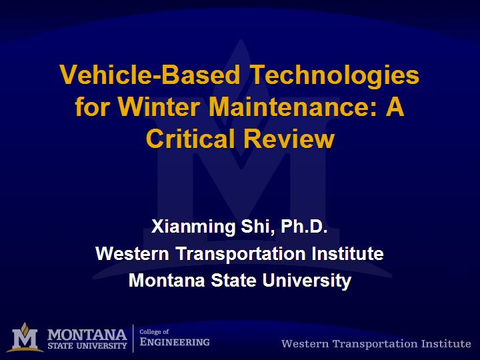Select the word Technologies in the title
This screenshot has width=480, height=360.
click(335, 76)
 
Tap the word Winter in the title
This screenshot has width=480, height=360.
click(159, 107)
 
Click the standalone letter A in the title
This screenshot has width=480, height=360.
click(395, 107)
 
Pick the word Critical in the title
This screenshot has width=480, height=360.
click(191, 139)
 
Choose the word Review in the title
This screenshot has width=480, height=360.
click(289, 139)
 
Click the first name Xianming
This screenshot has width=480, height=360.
click(193, 227)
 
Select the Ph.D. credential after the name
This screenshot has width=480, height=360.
click(304, 226)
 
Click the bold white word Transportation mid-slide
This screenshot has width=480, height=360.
click(241, 254)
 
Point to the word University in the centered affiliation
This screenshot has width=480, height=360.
click(307, 281)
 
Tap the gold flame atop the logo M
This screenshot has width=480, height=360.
click(25, 328)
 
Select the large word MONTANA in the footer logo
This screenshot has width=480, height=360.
click(87, 335)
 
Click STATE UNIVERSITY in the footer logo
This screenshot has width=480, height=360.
click(87, 346)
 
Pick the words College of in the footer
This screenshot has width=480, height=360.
click(154, 331)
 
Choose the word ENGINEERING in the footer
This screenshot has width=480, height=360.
click(175, 342)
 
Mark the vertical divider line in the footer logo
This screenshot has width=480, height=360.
click(133, 338)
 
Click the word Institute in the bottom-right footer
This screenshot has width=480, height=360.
click(446, 344)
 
